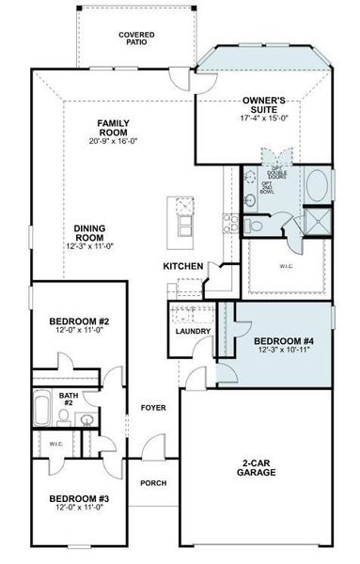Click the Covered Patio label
tap(136, 38)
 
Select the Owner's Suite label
tap(263, 103)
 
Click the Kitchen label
tap(182, 267)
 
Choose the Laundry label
tap(192, 332)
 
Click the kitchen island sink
tap(183, 206)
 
